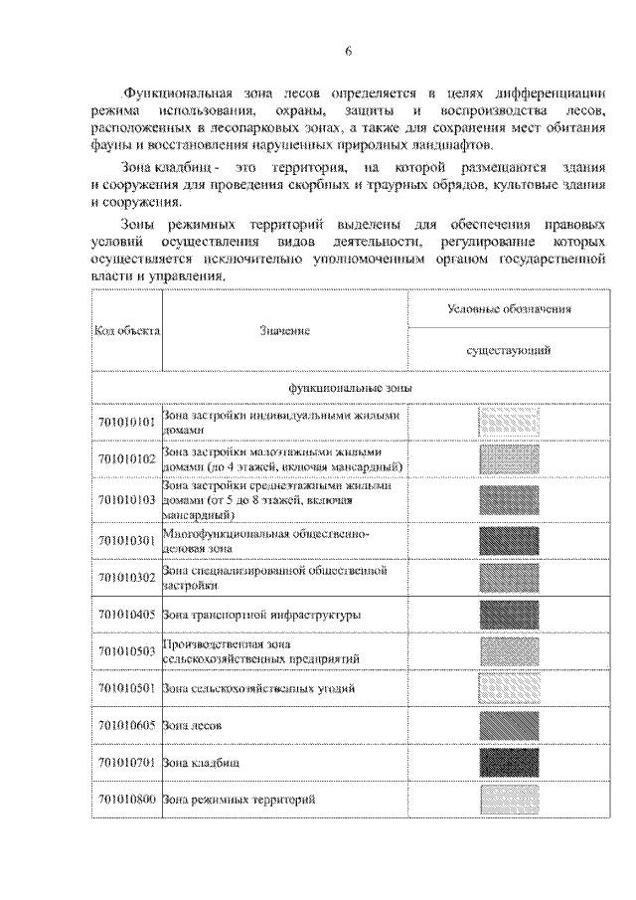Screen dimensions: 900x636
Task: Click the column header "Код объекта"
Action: (128, 330)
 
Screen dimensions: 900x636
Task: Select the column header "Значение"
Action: (285, 330)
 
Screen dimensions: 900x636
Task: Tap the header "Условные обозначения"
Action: (508, 310)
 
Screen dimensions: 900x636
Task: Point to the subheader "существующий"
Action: (508, 350)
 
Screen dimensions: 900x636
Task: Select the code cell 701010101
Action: (127, 423)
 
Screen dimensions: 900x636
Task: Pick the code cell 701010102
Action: (127, 459)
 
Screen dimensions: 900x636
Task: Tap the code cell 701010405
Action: (127, 615)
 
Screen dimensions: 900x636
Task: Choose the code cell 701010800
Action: (127, 799)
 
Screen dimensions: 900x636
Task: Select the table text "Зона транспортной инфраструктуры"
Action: (261, 615)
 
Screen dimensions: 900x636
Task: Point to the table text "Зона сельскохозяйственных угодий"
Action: (258, 688)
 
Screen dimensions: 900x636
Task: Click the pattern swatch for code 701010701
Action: (508, 763)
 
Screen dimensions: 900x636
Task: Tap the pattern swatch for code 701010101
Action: (508, 423)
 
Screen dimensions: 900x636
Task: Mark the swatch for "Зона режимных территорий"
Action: (508, 799)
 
